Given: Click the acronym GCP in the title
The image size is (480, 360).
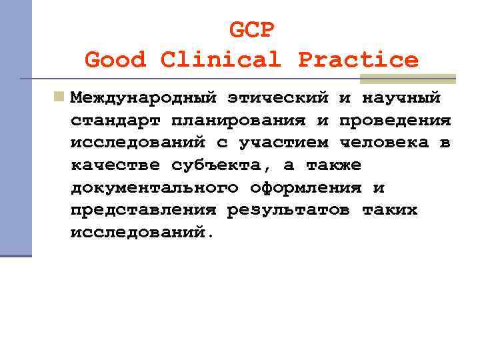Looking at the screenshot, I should click(251, 30).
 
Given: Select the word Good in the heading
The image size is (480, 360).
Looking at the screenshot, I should click(115, 60).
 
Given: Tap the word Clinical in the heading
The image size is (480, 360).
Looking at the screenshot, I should click(221, 60).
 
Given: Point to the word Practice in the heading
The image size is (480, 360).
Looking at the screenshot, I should click(358, 60).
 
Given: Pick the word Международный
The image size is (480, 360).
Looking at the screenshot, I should click(143, 98).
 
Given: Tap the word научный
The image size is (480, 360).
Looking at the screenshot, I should click(401, 98).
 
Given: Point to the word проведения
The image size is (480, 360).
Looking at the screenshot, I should click(395, 121).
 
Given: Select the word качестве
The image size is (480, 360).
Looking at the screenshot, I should click(115, 165).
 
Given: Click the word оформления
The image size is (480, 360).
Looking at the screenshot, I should click(305, 188).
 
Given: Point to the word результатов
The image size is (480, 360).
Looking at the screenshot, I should click(289, 211).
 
